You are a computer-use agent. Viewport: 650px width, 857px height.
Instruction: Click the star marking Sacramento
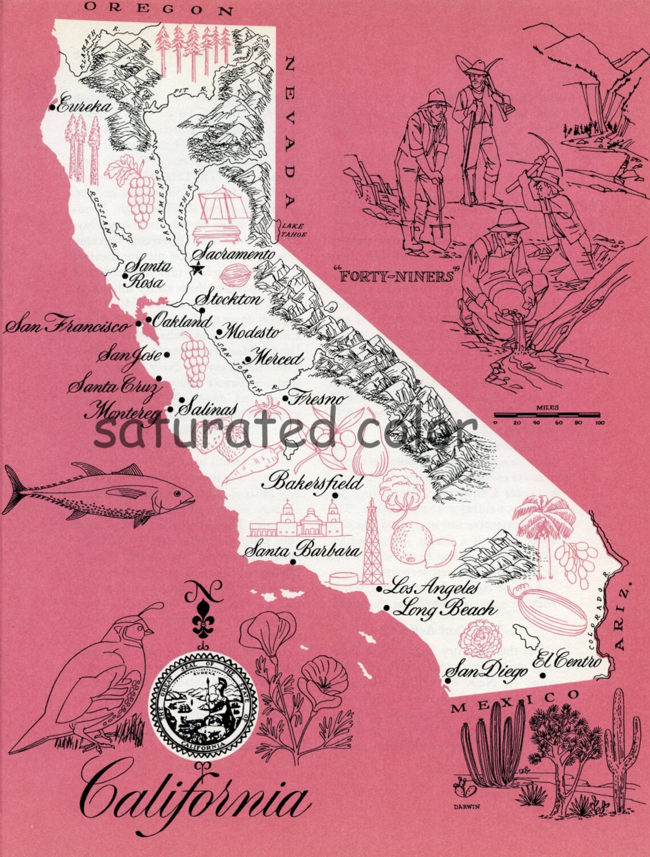tap(198, 267)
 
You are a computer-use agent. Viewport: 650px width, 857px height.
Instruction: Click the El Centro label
tap(567, 660)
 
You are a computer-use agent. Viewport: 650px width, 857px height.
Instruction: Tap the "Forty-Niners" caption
tap(396, 277)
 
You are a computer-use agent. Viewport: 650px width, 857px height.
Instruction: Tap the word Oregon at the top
tap(159, 9)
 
